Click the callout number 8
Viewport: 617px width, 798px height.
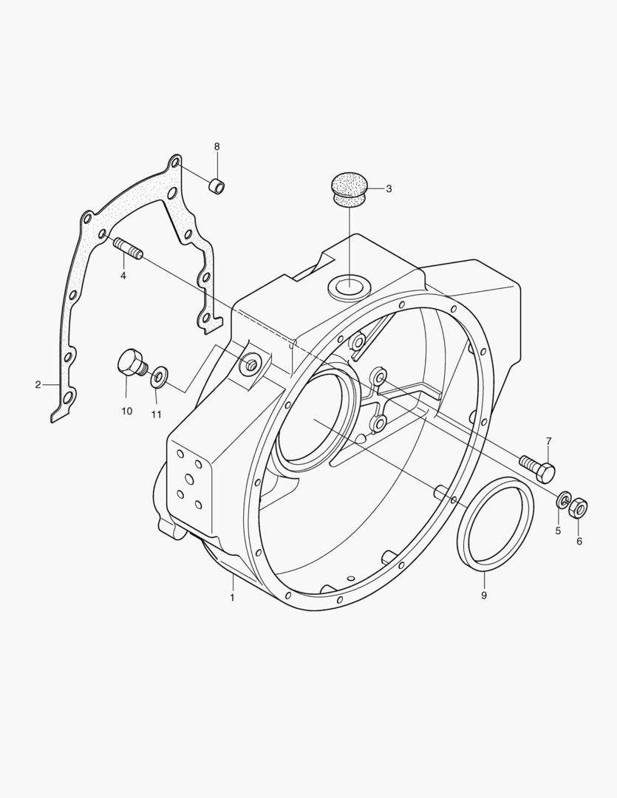[217, 146]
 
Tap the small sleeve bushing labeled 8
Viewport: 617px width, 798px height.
[217, 185]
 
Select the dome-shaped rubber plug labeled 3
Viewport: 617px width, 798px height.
[350, 188]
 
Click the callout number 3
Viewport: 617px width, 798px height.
[389, 189]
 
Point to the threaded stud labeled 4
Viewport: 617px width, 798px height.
[129, 248]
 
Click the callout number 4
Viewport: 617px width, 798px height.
[123, 276]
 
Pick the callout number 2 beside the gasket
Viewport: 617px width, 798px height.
[38, 385]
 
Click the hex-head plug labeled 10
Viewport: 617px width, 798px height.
[131, 363]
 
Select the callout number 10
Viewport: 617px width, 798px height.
[127, 411]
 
